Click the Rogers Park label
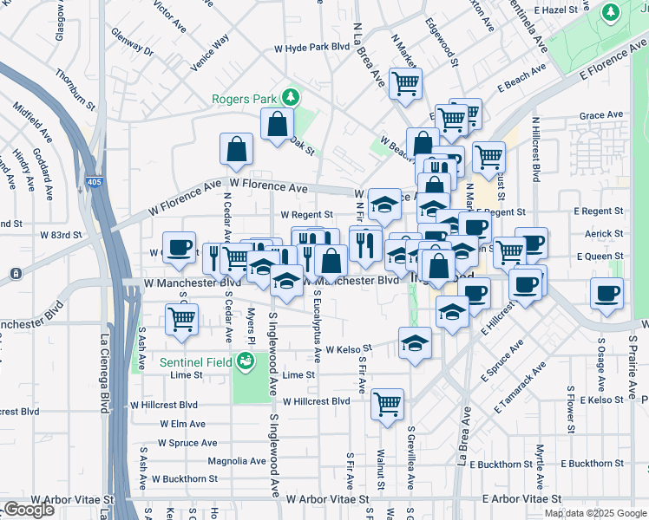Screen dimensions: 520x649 tap(248, 98)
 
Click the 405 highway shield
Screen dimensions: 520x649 tap(93, 182)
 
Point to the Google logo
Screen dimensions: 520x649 tap(29, 510)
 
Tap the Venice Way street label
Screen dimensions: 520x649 tap(211, 51)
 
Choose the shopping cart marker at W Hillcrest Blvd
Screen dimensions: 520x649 tap(387, 403)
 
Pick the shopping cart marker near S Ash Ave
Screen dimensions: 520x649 tap(181, 319)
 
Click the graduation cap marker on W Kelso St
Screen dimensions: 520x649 tap(416, 342)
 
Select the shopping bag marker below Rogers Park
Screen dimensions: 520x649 tap(277, 125)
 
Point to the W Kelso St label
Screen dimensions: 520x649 tap(349, 348)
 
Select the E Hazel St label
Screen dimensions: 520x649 tap(561, 9)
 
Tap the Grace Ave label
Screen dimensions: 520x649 tap(602, 114)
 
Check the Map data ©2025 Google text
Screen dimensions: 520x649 tap(594, 513)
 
